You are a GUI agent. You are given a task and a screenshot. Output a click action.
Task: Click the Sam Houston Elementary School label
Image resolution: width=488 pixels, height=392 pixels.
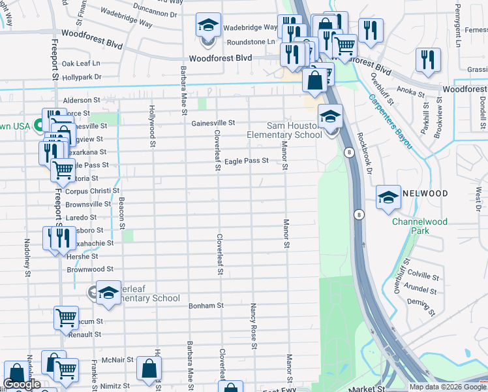click(294, 130)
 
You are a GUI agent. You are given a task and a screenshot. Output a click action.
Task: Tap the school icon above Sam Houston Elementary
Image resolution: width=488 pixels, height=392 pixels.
click(331, 117)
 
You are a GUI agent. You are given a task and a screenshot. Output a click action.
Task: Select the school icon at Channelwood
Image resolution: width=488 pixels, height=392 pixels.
click(388, 198)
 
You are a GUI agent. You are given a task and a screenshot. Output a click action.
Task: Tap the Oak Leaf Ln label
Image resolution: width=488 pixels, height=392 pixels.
click(81, 63)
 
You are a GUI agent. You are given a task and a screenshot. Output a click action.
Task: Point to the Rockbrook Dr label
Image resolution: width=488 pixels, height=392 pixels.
click(364, 154)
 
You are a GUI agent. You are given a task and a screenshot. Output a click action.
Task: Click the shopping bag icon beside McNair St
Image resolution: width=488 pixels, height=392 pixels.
click(149, 369)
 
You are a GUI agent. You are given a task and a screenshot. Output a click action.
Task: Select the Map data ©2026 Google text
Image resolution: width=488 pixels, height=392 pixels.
click(448, 387)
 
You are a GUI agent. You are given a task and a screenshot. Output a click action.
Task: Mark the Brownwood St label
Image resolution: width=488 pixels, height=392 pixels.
click(90, 269)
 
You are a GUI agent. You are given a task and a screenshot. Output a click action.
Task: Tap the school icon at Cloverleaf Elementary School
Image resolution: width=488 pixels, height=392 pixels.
click(108, 293)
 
